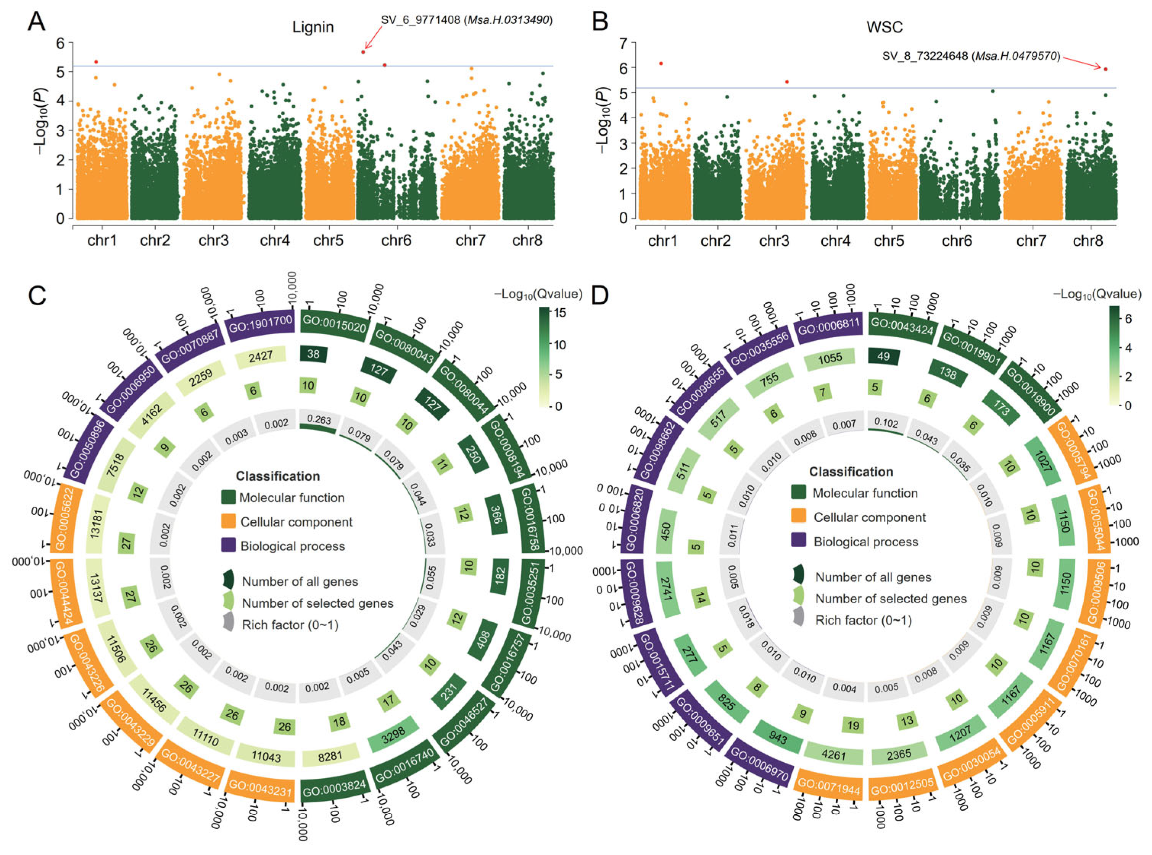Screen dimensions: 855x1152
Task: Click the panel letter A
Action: coord(36,22)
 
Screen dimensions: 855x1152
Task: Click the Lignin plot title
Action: coord(313,27)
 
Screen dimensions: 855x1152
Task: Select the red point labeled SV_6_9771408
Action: coord(363,52)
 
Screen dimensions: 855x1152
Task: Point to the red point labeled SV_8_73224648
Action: coord(1105,69)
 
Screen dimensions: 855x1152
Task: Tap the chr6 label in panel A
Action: coord(396,241)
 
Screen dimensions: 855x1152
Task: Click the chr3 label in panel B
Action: coord(774,241)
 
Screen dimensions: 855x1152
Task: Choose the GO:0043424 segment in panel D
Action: coord(902,325)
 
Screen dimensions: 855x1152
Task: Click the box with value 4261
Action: coord(833,755)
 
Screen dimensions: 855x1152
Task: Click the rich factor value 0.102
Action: coord(886,422)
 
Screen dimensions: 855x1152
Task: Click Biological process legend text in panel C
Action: coord(292,546)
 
